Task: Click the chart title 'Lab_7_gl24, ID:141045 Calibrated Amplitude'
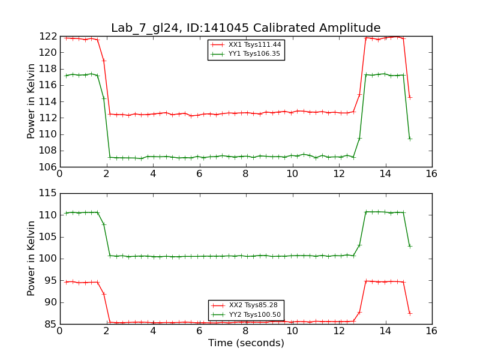245,28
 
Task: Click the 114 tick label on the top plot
47,102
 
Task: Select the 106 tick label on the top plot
47,167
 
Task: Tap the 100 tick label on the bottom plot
47,259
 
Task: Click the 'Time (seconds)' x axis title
246,343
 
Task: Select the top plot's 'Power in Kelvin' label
32,101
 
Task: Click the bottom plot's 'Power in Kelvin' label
32,259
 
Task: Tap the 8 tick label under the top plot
245,173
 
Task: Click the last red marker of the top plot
410,97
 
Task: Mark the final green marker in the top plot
410,139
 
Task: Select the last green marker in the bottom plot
410,246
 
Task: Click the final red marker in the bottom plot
410,313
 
